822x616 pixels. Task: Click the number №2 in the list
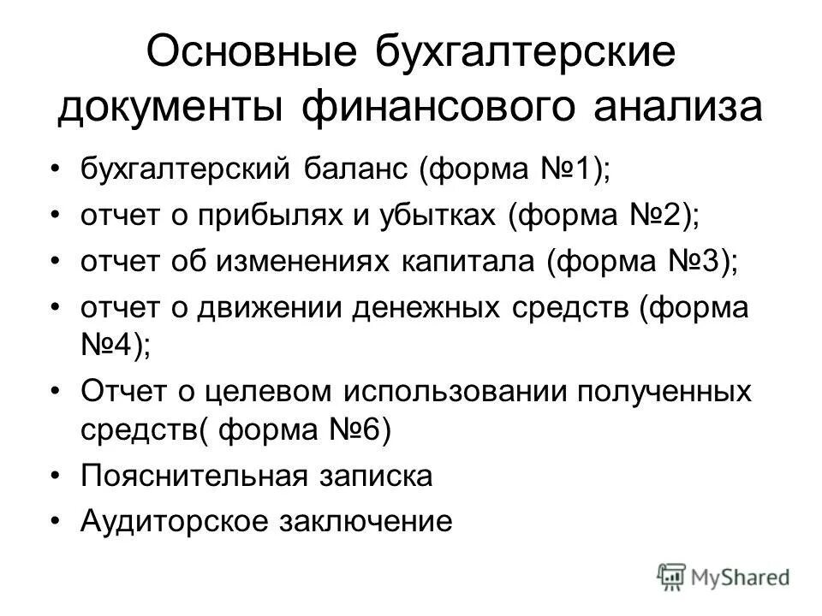click(659, 214)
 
